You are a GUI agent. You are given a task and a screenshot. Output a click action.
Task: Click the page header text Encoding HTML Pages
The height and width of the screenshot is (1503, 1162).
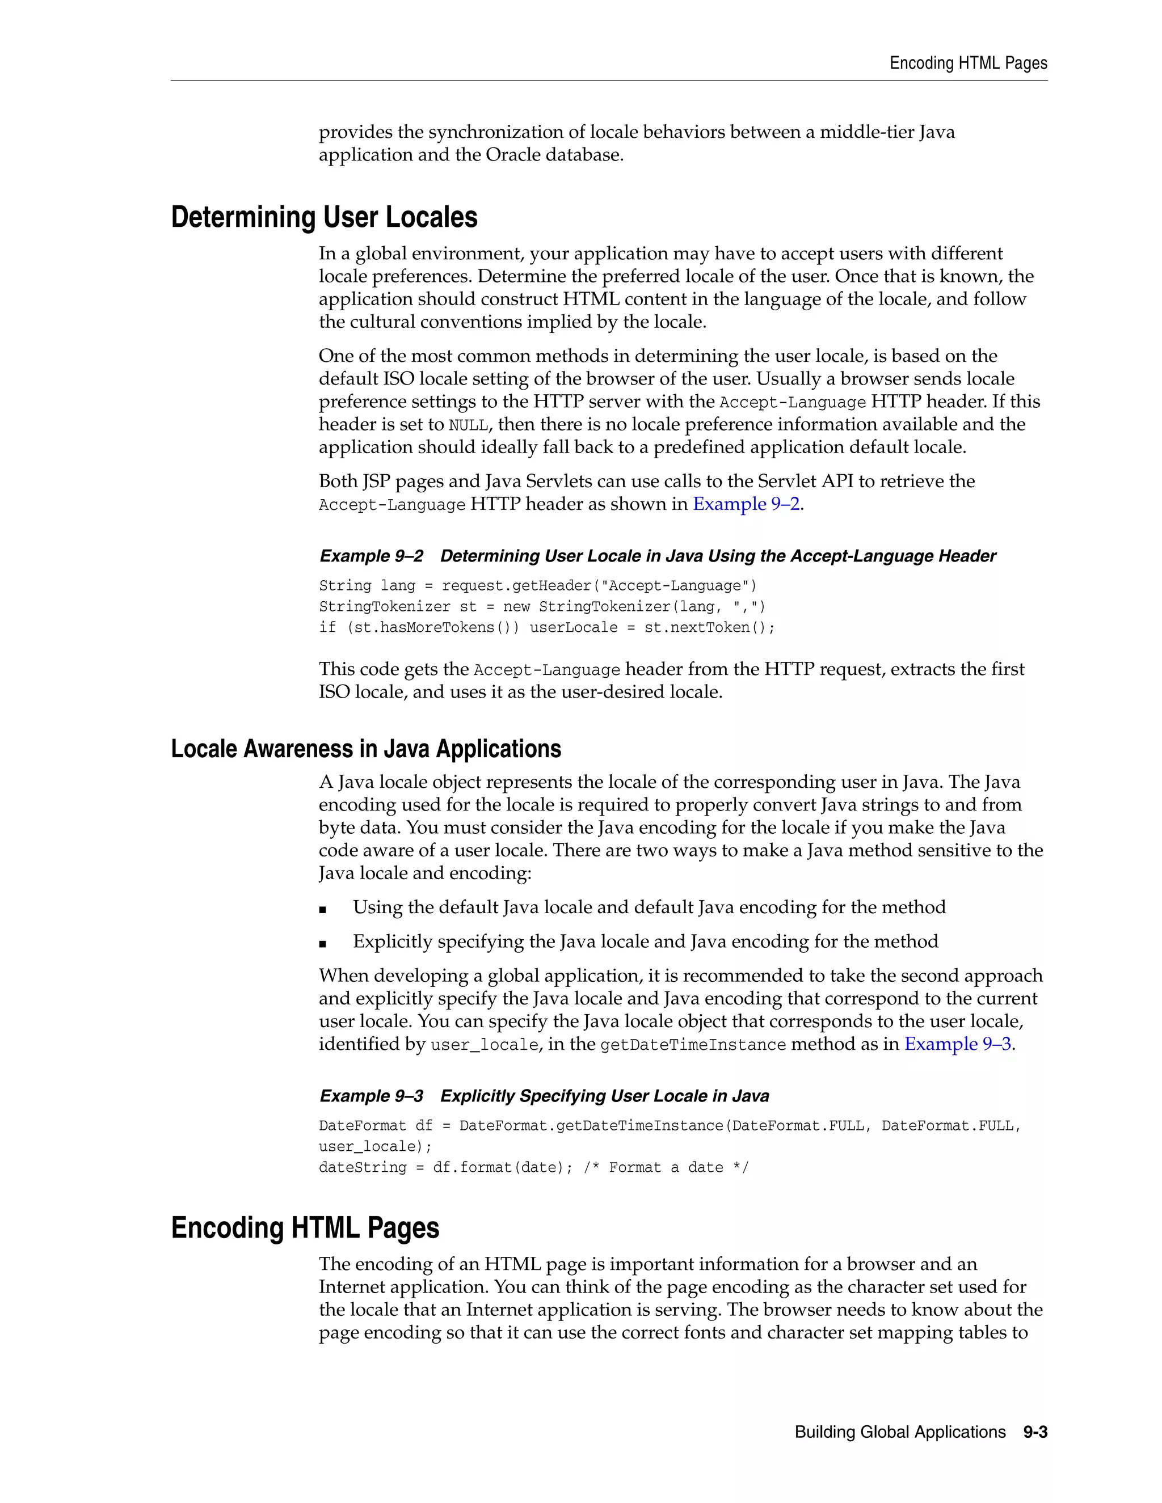968,64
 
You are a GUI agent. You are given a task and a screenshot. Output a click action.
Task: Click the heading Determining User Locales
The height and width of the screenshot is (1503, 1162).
323,217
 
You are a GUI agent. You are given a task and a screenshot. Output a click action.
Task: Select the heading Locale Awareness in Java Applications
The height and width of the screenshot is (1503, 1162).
365,749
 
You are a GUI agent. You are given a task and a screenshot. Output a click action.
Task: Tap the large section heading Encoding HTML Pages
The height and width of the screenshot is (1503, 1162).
304,1228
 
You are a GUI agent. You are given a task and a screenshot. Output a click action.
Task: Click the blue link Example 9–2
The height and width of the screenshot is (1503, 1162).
746,504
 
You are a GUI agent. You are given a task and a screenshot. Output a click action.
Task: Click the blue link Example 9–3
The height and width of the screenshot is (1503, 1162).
957,1045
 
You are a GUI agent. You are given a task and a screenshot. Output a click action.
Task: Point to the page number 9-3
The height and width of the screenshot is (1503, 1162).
1035,1432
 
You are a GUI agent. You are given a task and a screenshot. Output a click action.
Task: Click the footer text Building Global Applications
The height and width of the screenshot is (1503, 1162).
900,1432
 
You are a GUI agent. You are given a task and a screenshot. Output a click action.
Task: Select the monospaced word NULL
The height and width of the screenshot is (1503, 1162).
468,425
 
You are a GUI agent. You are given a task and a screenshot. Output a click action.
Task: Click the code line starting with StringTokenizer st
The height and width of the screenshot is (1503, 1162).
542,607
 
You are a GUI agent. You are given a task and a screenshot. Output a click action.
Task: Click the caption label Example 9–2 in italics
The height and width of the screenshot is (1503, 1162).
371,556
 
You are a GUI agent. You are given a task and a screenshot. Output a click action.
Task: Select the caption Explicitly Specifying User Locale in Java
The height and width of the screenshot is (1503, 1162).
604,1096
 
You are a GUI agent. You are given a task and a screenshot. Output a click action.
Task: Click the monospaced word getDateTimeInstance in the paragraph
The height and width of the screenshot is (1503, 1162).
693,1045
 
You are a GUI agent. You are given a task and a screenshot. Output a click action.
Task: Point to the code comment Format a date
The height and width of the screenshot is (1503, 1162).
666,1168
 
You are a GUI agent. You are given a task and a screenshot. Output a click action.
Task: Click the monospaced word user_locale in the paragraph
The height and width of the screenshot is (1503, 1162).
484,1045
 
